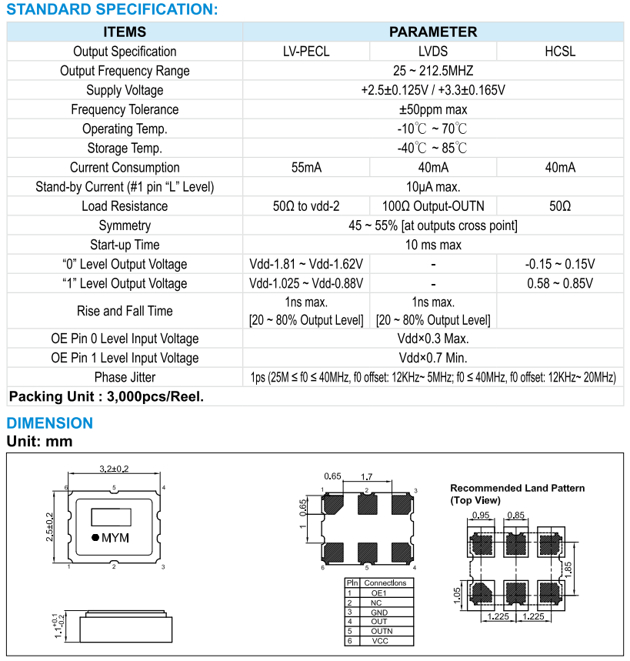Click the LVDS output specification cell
pos(433,52)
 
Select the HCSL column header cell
pos(560,52)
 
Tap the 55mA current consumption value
pos(306,167)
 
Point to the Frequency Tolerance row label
pos(125,109)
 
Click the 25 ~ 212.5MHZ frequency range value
pos(433,71)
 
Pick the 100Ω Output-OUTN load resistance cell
pos(433,205)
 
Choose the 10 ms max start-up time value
pos(433,245)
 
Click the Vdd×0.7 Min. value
pos(433,358)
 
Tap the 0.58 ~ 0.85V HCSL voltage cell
pos(560,283)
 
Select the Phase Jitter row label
pos(125,377)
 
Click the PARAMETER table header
pos(433,32)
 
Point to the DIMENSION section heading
pos(49,422)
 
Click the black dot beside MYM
pos(95,538)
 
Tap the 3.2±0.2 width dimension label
pos(115,468)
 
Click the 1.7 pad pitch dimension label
pos(368,477)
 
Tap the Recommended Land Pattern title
pos(517,488)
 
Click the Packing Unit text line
pos(106,397)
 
